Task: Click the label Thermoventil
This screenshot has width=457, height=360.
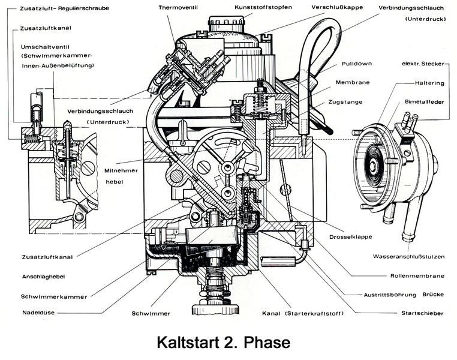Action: (178, 8)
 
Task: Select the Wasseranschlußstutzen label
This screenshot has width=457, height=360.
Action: (408, 256)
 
